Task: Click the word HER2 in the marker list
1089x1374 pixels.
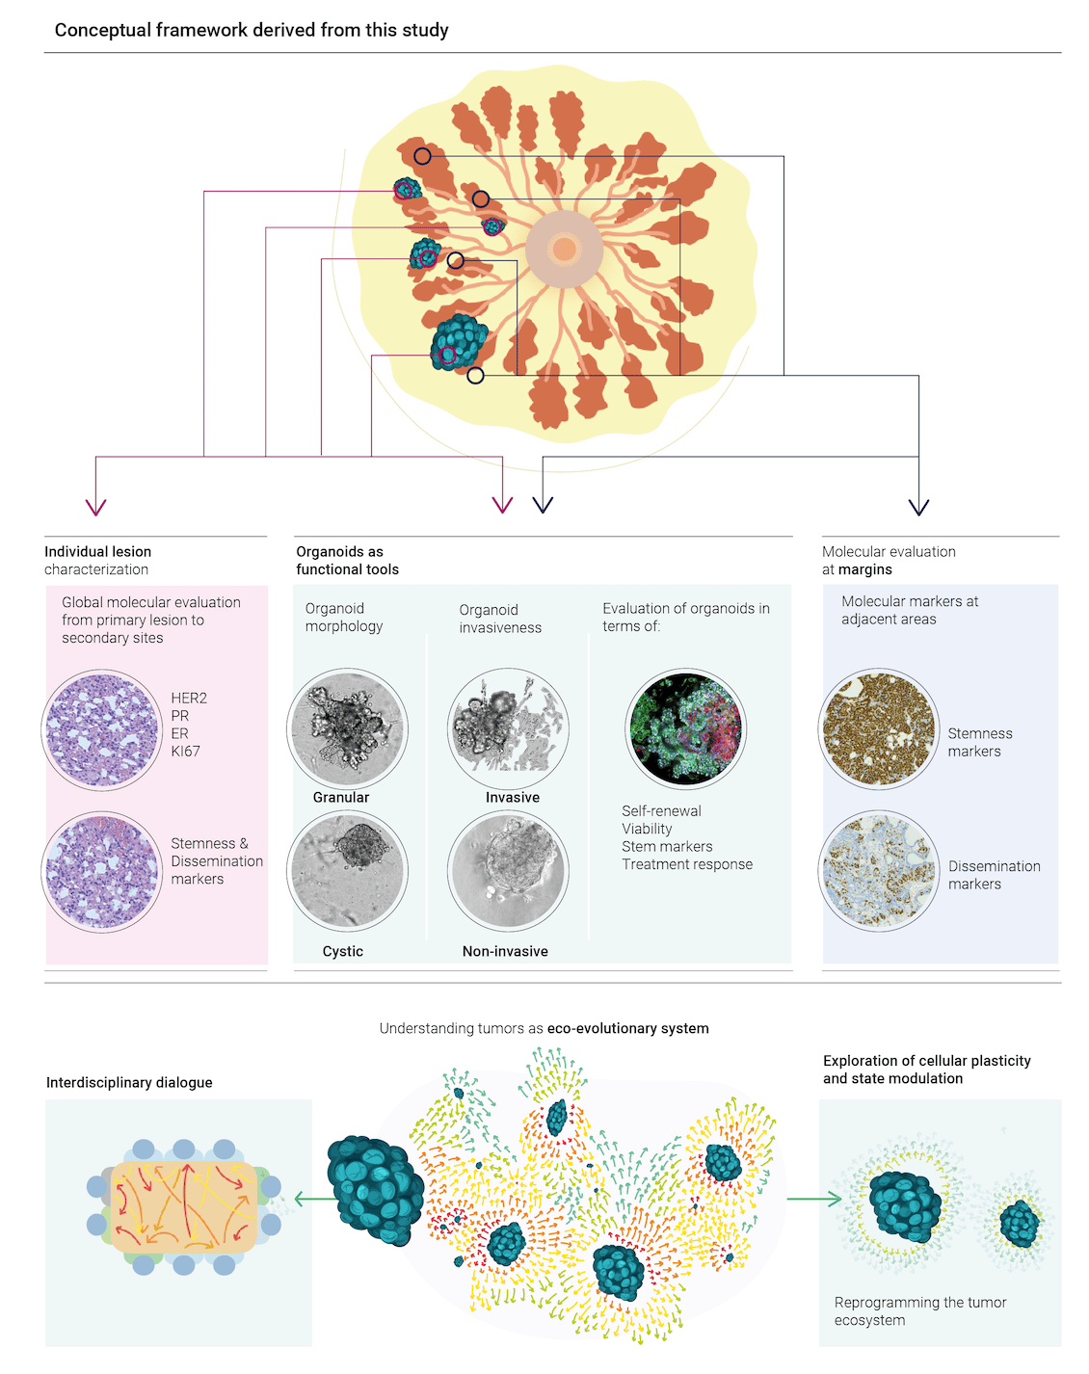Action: tap(189, 698)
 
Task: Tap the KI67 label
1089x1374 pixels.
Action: tap(185, 752)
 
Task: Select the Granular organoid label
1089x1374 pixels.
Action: tap(340, 798)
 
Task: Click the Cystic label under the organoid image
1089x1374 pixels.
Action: tap(342, 951)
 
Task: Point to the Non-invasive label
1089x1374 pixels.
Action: tap(505, 951)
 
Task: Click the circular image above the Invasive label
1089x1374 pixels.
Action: tap(508, 728)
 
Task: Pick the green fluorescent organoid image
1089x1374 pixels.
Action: tap(685, 728)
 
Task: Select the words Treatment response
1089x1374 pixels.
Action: tap(686, 864)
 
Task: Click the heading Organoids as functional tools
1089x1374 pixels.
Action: tap(347, 561)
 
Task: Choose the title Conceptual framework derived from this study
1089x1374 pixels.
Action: tap(251, 30)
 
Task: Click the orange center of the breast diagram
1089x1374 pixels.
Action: tap(564, 249)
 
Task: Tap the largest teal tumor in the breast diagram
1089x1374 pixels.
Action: tap(459, 342)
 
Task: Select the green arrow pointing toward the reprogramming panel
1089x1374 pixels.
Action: tap(814, 1199)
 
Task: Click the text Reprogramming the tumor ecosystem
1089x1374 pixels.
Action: tap(919, 1311)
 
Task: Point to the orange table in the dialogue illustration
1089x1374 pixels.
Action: tap(184, 1207)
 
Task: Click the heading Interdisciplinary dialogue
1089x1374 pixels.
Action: tap(129, 1082)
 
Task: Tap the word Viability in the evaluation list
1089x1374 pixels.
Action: tap(647, 829)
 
